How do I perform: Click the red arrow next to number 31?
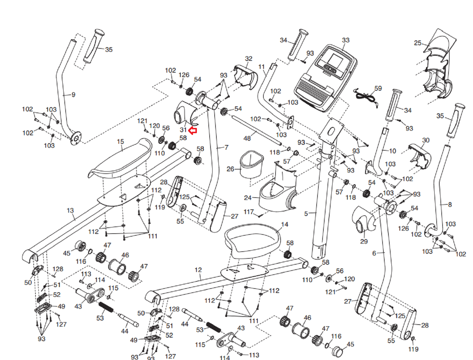click(193, 131)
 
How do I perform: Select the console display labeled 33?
click(325, 78)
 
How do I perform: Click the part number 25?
click(417, 43)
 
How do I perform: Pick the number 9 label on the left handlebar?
click(73, 95)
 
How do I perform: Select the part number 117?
click(249, 212)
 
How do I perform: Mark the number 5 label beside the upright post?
click(306, 213)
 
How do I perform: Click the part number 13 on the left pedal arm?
click(70, 211)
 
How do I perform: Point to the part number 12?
click(198, 270)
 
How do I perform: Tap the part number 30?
click(426, 140)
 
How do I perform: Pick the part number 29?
click(364, 241)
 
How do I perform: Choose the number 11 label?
click(261, 67)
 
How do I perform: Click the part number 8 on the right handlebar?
click(450, 204)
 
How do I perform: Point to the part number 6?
click(374, 253)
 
